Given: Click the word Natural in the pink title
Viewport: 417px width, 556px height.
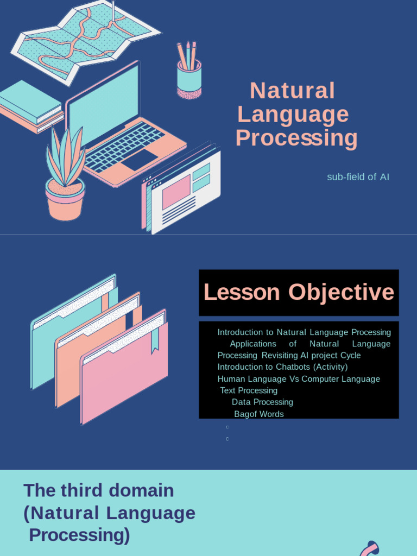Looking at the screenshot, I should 292,91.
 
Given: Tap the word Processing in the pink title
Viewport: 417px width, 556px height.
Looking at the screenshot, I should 296,138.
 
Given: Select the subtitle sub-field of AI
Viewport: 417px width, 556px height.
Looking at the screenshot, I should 358,177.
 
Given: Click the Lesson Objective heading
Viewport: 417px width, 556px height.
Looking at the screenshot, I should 299,292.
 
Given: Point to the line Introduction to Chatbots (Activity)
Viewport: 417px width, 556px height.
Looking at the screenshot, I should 282,367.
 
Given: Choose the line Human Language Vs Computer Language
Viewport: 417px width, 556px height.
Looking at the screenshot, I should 299,379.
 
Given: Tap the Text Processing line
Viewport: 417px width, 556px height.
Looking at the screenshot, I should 249,390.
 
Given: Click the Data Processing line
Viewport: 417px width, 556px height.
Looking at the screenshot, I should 262,402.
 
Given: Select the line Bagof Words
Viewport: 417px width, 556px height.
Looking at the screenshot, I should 259,414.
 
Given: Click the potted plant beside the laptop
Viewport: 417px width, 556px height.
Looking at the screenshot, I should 65,179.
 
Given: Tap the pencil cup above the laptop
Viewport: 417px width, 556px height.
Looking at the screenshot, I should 188,76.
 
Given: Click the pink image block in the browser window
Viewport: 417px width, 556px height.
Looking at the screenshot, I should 175,192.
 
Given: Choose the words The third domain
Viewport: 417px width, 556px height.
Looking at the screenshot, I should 98,490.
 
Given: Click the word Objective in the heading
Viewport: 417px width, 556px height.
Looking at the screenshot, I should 341,292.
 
